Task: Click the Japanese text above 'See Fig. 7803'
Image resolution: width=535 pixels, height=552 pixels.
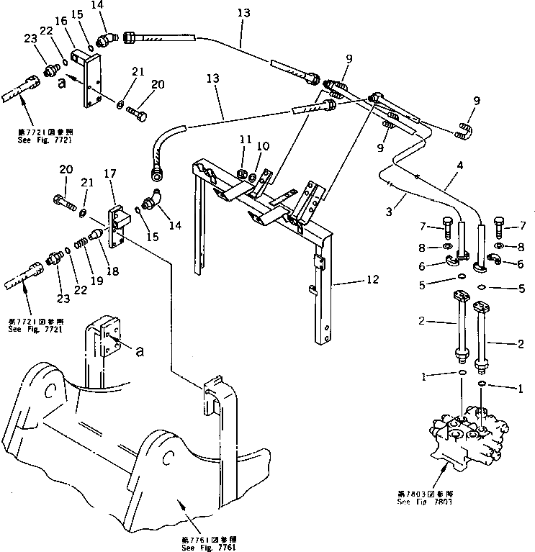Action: pos(426,493)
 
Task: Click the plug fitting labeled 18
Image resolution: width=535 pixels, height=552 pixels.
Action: pos(96,235)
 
